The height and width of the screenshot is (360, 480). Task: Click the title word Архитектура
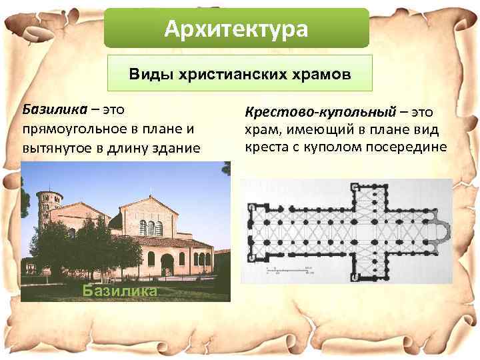[237, 29]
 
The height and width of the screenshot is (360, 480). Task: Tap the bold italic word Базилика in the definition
[51, 108]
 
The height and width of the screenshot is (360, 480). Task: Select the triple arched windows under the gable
[151, 227]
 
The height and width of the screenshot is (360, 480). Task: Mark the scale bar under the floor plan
[287, 269]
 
